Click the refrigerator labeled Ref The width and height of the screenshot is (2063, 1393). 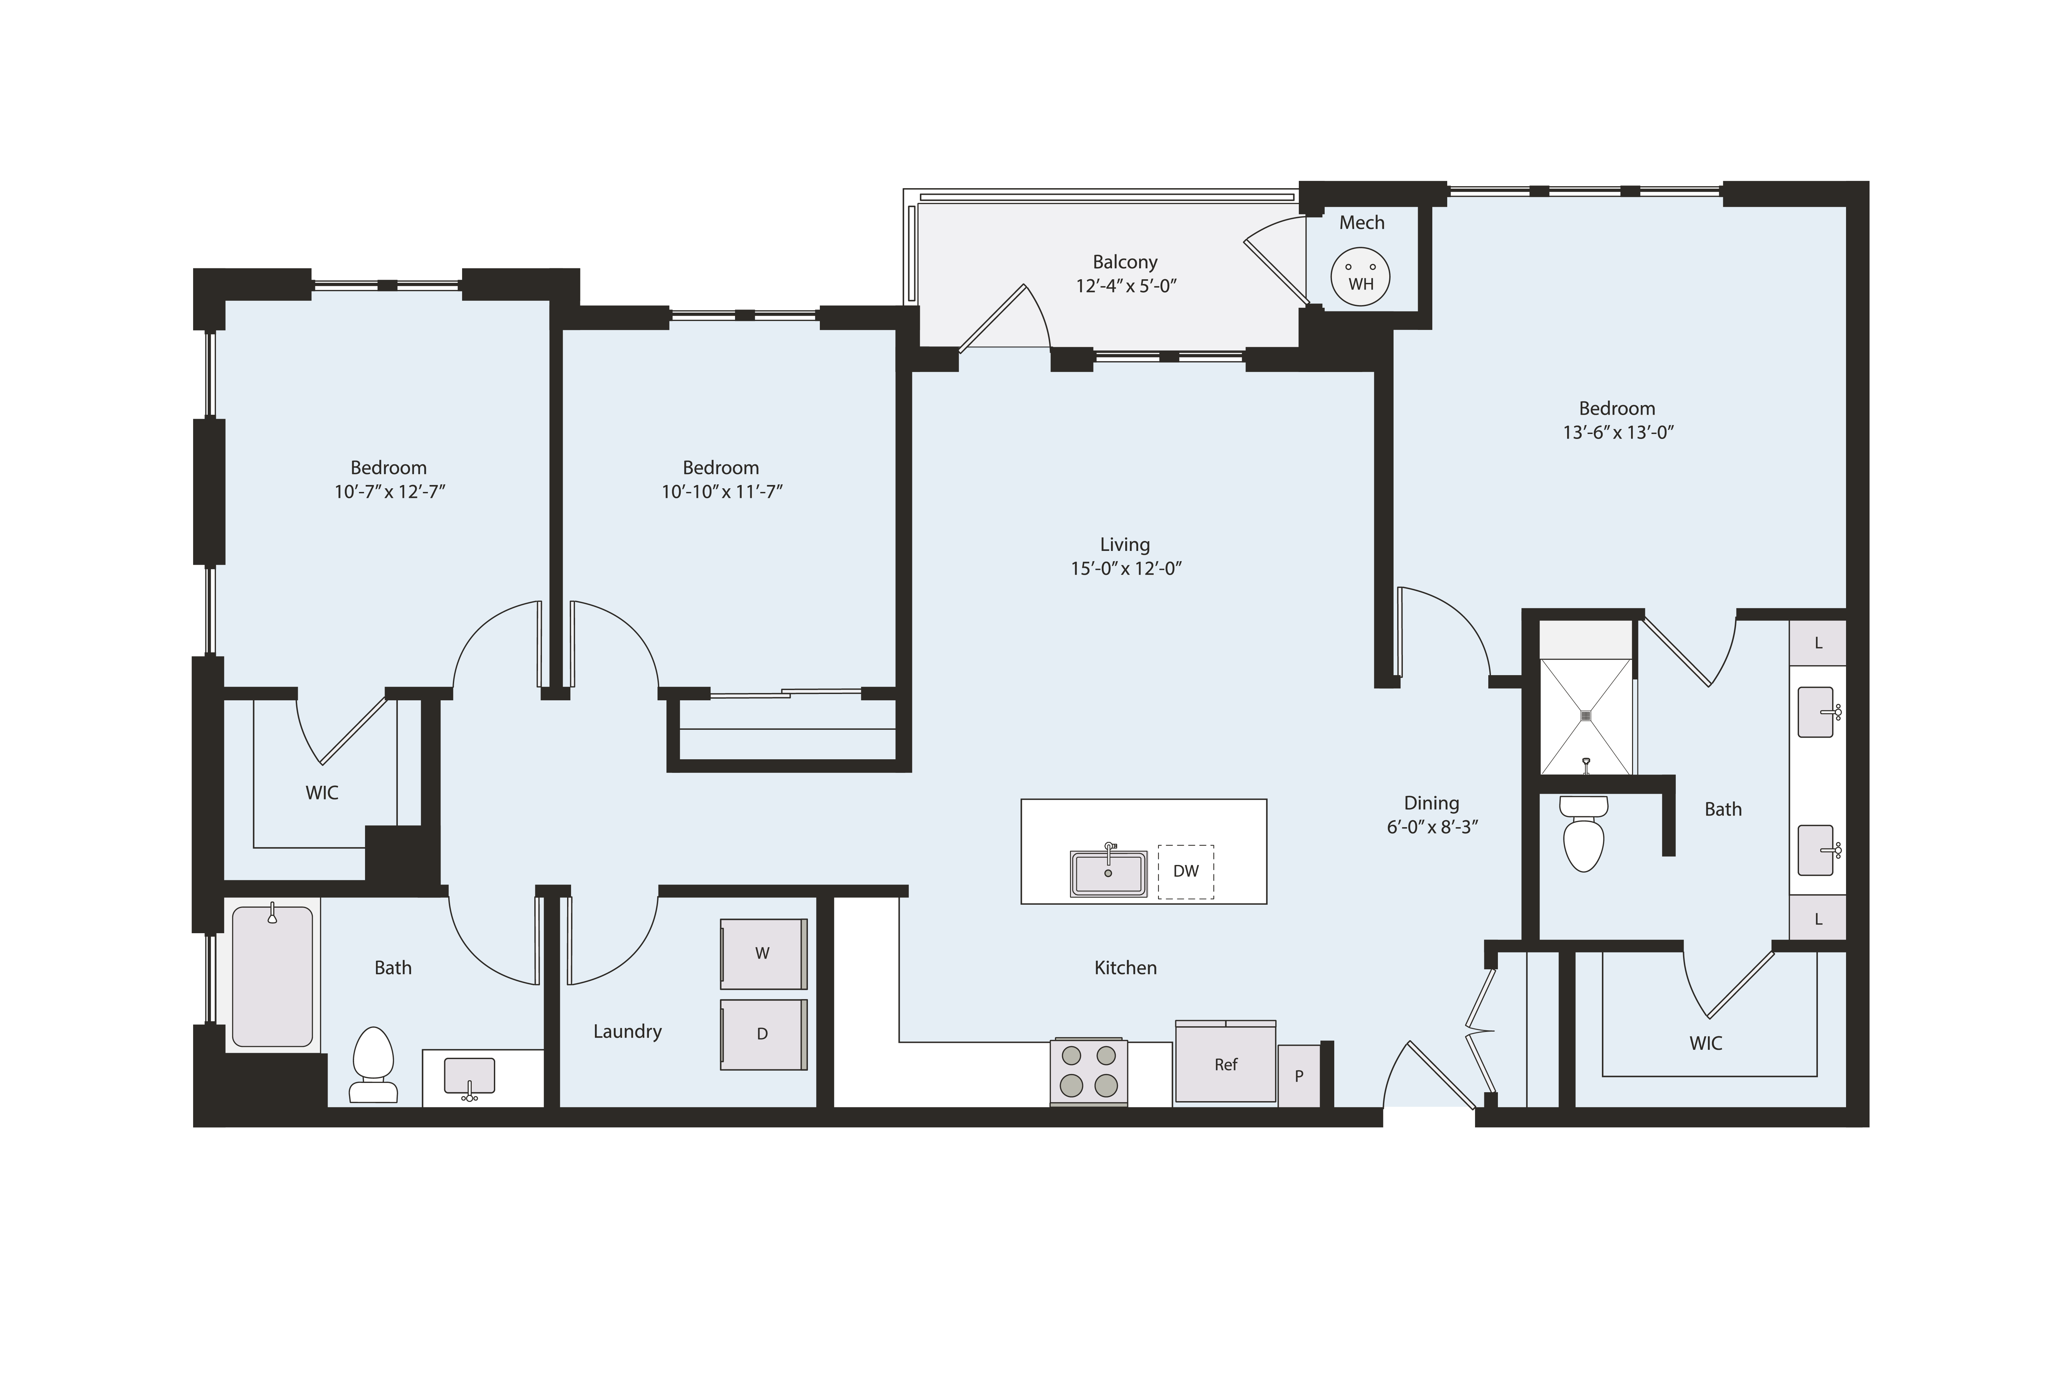[1225, 1064]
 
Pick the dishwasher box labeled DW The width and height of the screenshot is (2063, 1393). [1185, 871]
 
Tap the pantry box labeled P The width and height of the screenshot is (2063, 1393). [1299, 1076]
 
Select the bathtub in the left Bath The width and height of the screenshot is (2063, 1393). [273, 977]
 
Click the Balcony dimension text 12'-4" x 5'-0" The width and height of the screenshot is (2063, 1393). [1126, 286]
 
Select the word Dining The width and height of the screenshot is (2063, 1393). [1431, 803]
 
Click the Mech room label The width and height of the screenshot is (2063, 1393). [1361, 223]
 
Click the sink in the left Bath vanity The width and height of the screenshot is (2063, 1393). [469, 1076]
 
